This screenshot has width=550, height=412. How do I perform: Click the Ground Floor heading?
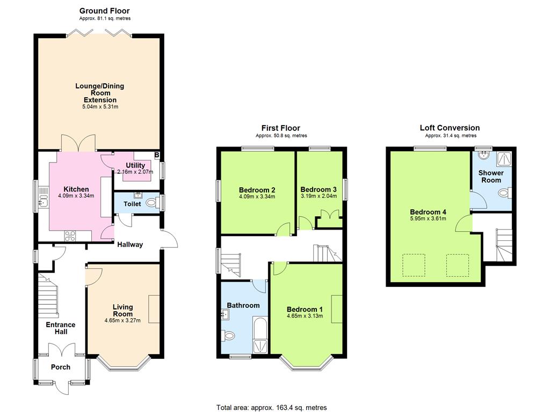click(105, 11)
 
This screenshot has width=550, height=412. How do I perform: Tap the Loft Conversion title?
click(450, 128)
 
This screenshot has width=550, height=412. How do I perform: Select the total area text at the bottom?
click(271, 408)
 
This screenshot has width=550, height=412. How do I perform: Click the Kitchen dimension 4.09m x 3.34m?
click(76, 196)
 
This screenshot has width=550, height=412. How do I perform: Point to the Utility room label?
click(135, 165)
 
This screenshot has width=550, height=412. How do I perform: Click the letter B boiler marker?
click(157, 155)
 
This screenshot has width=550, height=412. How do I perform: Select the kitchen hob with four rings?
click(70, 236)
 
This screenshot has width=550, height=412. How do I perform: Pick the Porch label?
click(61, 367)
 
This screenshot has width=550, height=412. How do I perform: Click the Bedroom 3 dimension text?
click(319, 196)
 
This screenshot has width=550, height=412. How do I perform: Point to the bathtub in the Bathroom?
click(260, 335)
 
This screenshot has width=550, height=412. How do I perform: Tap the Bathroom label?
click(243, 305)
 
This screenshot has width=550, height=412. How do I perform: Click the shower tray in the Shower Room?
click(504, 159)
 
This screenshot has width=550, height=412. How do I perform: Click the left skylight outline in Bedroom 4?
click(414, 265)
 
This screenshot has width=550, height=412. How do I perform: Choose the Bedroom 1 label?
click(305, 310)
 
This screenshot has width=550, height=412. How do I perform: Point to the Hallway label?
click(130, 245)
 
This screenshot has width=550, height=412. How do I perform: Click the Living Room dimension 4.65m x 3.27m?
click(122, 320)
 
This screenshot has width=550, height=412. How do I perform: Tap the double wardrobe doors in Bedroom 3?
click(330, 215)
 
